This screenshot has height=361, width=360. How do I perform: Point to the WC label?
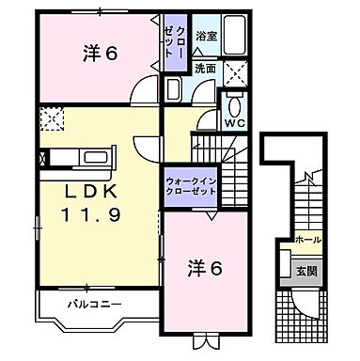(233, 120)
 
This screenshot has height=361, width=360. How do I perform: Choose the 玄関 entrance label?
(307, 271)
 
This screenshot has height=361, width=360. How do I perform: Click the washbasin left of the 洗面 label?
(175, 88)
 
